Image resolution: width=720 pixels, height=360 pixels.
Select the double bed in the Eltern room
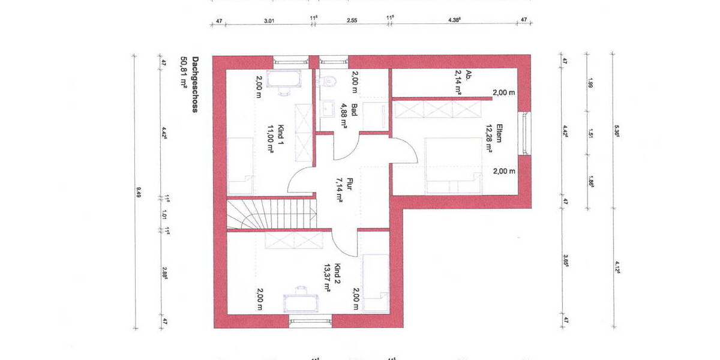(x=453, y=166)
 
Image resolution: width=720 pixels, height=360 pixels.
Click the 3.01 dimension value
(x=269, y=21)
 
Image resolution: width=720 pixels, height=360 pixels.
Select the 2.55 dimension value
(x=352, y=21)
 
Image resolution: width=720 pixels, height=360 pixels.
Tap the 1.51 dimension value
(x=590, y=133)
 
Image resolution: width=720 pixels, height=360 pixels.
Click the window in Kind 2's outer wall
(x=310, y=322)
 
